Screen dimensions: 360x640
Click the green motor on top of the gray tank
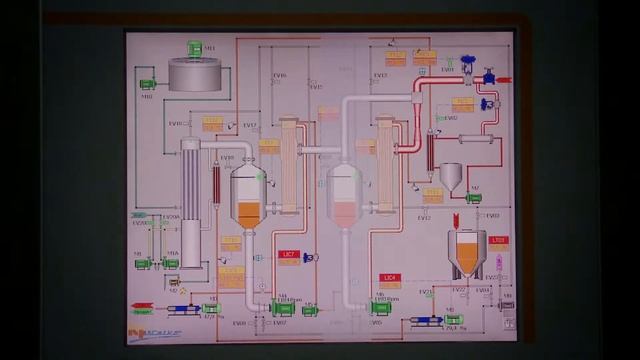[x=194, y=47]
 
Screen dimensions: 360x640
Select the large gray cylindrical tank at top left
[x=196, y=76]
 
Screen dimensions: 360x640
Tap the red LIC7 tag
[x=290, y=256]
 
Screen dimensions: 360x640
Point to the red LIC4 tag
[x=389, y=277]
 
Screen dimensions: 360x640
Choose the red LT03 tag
[x=499, y=240]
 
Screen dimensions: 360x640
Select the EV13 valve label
[x=380, y=75]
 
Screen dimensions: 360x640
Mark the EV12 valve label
[x=424, y=217]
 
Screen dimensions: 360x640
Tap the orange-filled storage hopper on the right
[x=468, y=253]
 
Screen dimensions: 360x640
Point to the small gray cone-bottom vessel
[x=451, y=177]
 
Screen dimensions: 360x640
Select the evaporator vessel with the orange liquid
[x=246, y=197]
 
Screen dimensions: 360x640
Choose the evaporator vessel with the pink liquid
[x=343, y=197]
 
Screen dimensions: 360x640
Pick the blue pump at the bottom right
[x=425, y=321]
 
